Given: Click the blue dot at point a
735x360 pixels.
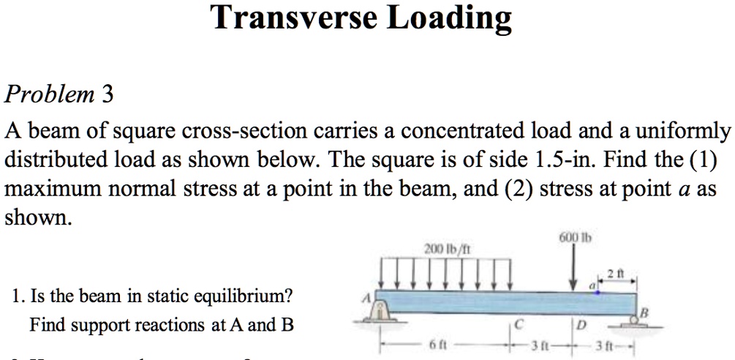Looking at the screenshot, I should (x=598, y=292).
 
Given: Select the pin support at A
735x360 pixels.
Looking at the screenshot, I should (x=380, y=312).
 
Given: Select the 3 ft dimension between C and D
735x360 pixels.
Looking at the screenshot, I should (x=545, y=345).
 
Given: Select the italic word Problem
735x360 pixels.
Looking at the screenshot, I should (x=50, y=94).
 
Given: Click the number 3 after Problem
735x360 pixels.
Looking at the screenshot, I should (x=108, y=94).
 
